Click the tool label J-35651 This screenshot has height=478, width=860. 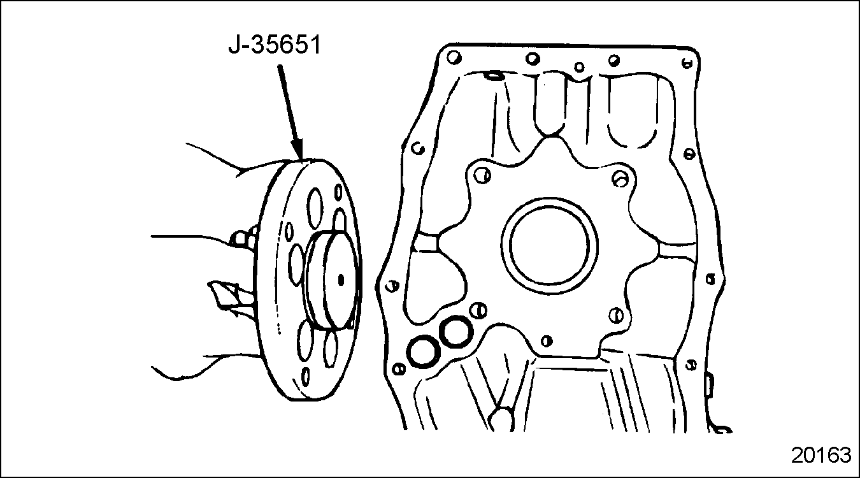(275, 45)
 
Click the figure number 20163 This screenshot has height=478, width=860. (821, 455)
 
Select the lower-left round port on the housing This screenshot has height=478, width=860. (424, 352)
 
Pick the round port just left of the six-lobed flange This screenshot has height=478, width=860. (457, 331)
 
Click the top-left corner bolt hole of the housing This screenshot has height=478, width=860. (454, 57)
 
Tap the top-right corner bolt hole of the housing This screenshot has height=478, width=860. (687, 62)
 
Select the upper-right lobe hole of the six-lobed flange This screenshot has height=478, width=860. (620, 178)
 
